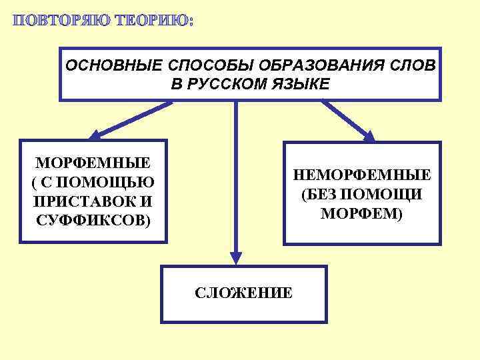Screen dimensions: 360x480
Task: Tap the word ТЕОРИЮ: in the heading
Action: pyautogui.click(x=151, y=20)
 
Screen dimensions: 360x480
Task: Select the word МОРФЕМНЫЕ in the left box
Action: pyautogui.click(x=93, y=163)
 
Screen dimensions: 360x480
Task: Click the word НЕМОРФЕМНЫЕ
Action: pyautogui.click(x=362, y=175)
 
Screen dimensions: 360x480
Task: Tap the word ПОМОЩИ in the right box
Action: pyautogui.click(x=387, y=195)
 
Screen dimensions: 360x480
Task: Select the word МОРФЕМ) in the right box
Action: pyautogui.click(x=362, y=214)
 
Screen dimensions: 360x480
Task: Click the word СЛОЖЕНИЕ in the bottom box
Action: pyautogui.click(x=243, y=293)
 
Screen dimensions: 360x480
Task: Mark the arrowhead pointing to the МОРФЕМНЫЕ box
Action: pyautogui.click(x=95, y=134)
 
